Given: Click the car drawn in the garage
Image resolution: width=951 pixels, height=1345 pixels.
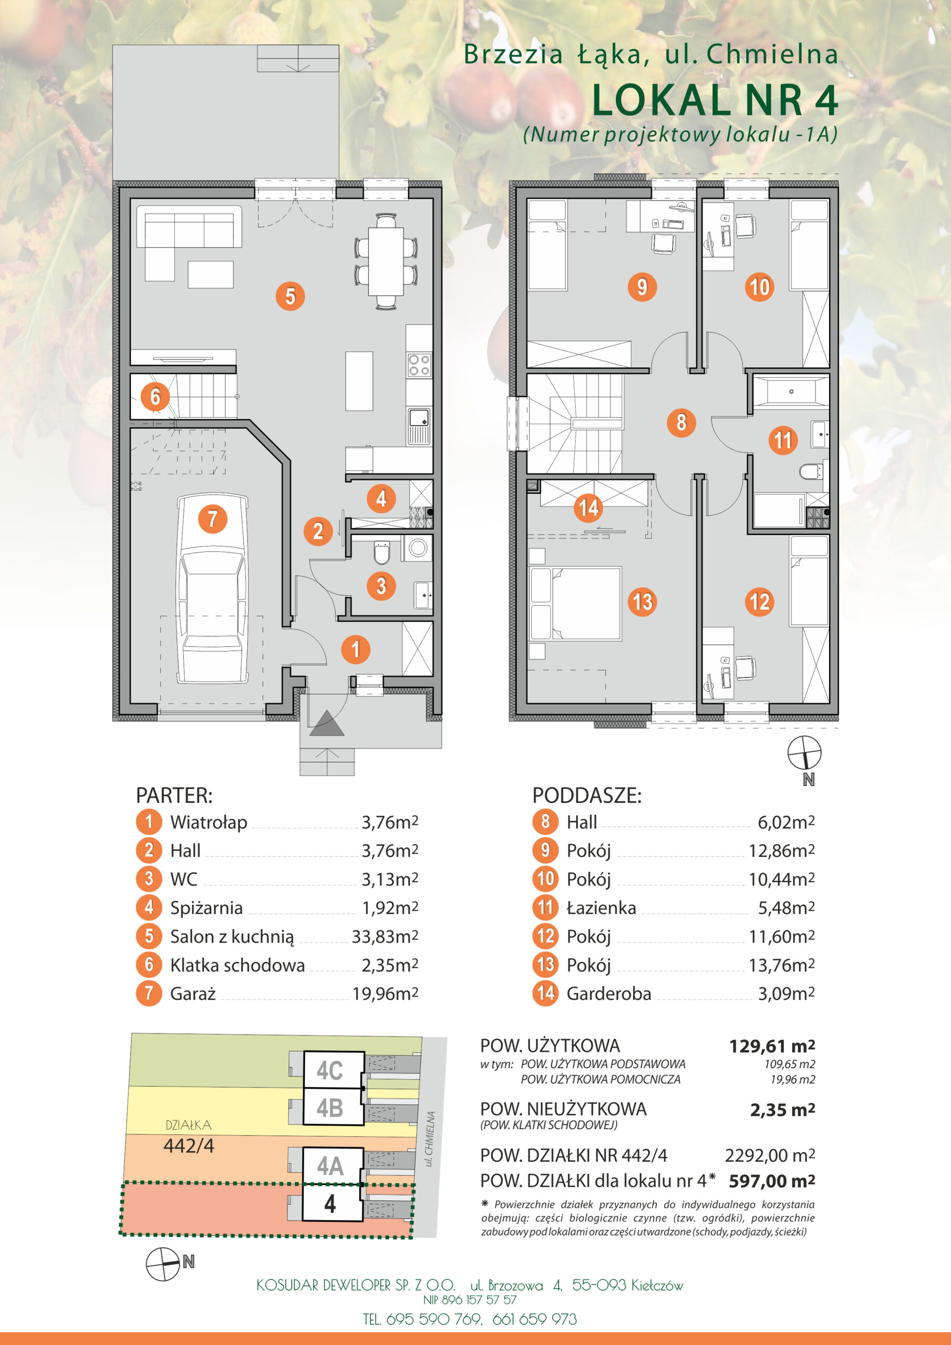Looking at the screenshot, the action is click(213, 589).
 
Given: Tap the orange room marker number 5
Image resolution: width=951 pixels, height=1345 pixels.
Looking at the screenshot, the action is click(290, 296).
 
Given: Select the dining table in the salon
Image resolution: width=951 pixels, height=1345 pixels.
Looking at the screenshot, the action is click(386, 261).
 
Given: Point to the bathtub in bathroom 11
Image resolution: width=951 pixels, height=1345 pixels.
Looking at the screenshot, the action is click(791, 391).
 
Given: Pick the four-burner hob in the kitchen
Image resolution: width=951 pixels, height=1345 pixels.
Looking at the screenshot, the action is click(419, 365).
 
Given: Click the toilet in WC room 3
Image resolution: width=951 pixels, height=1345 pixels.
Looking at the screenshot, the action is click(381, 551).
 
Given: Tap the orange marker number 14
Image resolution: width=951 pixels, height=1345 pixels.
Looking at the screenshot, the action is click(589, 508).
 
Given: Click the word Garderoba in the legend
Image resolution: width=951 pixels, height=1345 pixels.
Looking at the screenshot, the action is click(609, 994).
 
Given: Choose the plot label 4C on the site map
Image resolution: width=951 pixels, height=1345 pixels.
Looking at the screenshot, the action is click(330, 1071).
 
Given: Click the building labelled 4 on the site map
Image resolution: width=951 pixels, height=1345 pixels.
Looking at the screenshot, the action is click(331, 1203).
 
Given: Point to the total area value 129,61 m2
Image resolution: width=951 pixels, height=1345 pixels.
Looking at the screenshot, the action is click(772, 1046).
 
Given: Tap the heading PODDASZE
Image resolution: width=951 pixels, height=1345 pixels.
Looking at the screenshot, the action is click(586, 795).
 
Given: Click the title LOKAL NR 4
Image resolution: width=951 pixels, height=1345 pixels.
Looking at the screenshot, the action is click(715, 100).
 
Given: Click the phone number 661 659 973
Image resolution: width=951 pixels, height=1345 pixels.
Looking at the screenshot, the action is click(534, 1319).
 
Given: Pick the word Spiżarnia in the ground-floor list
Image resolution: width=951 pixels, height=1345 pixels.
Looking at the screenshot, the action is click(206, 908).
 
